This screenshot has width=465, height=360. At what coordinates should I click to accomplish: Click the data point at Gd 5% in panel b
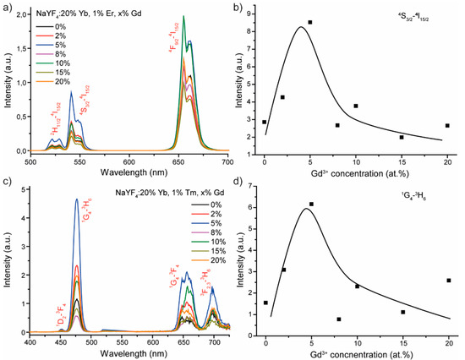[310, 22]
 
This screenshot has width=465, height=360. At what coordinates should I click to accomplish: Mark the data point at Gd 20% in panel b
[447, 125]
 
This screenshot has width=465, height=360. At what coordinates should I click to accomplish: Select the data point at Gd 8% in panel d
[337, 319]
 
